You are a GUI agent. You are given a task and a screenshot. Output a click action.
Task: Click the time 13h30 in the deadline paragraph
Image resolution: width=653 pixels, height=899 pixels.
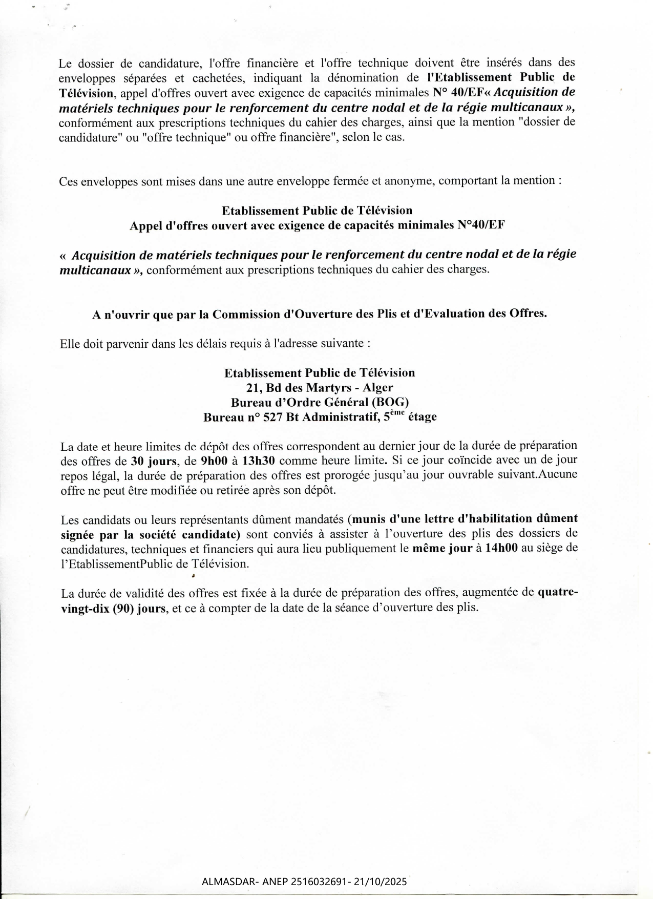(x=259, y=460)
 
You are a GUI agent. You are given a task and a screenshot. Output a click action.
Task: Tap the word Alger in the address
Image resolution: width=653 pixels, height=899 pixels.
(x=378, y=387)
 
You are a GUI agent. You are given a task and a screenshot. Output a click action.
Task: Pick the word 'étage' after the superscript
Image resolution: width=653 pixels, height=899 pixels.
(x=423, y=417)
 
